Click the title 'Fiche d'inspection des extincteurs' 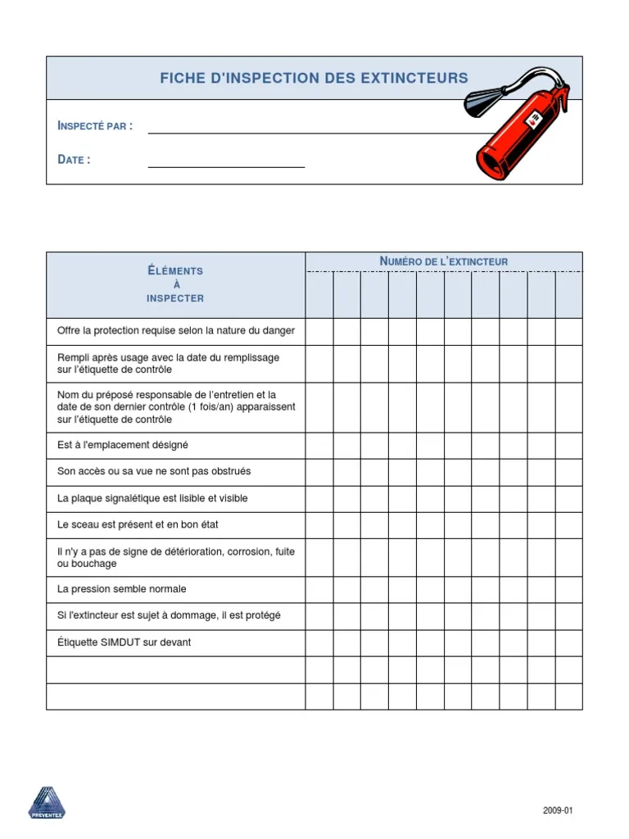[314, 79]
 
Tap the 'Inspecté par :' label [95, 126]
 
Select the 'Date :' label [74, 160]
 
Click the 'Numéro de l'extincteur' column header [444, 261]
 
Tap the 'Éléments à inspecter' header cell [175, 284]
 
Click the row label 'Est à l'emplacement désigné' [123, 445]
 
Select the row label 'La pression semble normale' [122, 589]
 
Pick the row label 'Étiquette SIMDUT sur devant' [124, 642]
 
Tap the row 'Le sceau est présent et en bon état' [138, 524]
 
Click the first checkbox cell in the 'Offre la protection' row [319, 331]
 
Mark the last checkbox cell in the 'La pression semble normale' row [569, 589]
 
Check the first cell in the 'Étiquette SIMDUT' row [319, 642]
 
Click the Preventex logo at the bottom [46, 802]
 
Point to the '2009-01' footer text [558, 810]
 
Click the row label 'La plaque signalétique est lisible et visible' [152, 498]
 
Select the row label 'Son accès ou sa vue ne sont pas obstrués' [154, 471]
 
